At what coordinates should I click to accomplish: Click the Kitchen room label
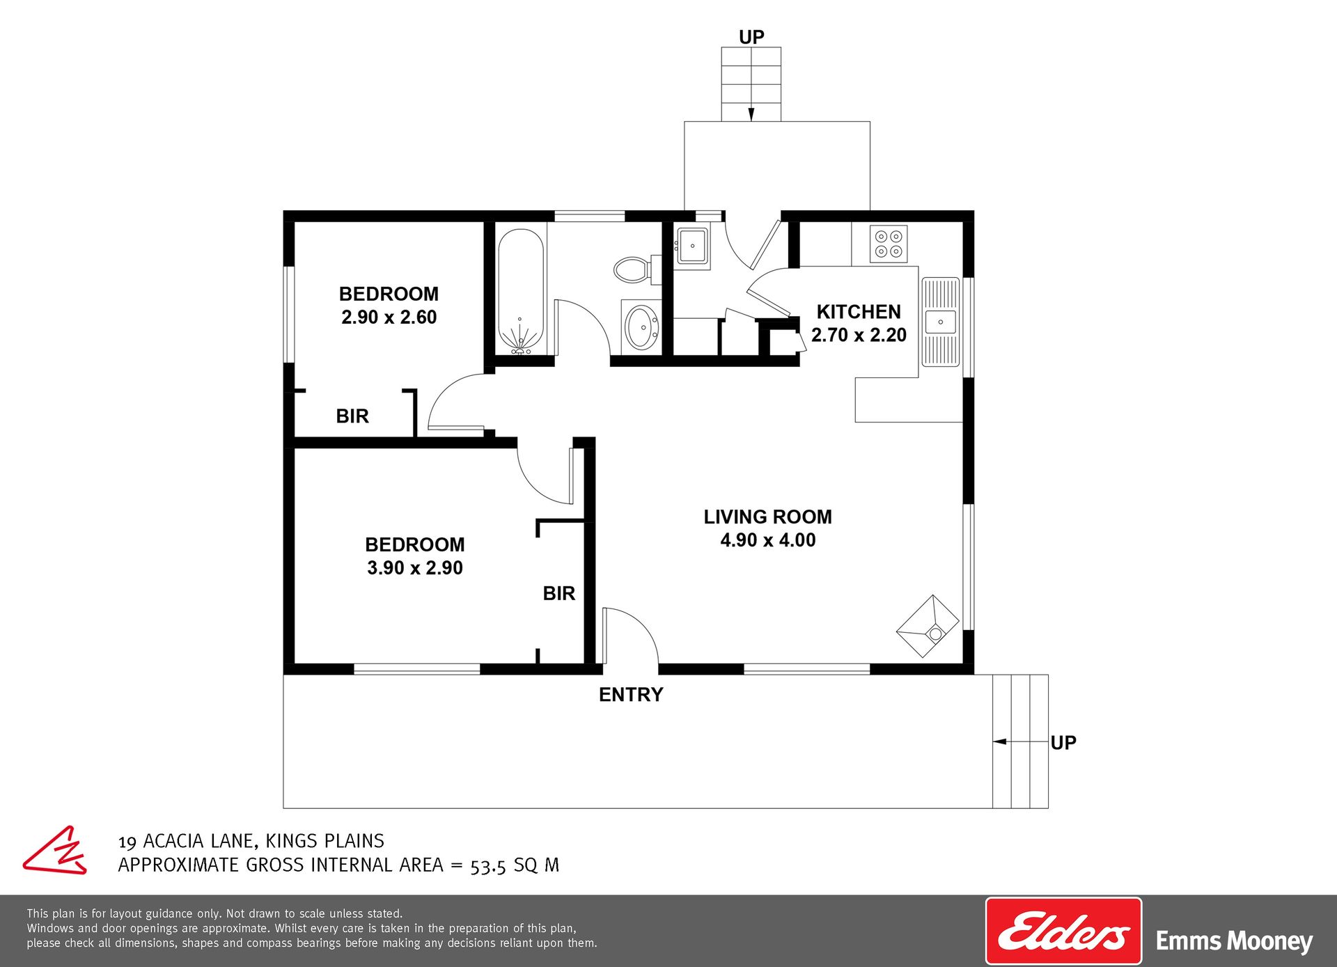pyautogui.click(x=859, y=311)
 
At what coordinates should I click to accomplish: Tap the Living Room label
pyautogui.click(x=767, y=517)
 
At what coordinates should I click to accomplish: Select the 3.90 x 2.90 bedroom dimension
pyautogui.click(x=415, y=567)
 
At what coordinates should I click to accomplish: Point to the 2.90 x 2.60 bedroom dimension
pyautogui.click(x=389, y=317)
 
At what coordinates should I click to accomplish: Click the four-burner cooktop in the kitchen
pyautogui.click(x=889, y=244)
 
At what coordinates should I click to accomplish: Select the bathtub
pyautogui.click(x=521, y=291)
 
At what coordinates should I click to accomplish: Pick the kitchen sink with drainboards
pyautogui.click(x=940, y=322)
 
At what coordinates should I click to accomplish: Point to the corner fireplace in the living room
pyautogui.click(x=928, y=626)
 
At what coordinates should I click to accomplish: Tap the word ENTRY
pyautogui.click(x=631, y=694)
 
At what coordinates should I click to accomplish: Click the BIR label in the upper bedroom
pyautogui.click(x=352, y=416)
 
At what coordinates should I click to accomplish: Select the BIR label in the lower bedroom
pyautogui.click(x=559, y=593)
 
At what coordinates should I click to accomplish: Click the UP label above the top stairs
pyautogui.click(x=751, y=37)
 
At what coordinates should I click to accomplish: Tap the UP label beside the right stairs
pyautogui.click(x=1063, y=743)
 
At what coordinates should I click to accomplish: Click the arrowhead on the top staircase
pyautogui.click(x=751, y=114)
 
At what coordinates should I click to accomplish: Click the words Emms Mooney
pyautogui.click(x=1234, y=941)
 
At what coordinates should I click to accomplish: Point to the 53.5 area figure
pyautogui.click(x=488, y=866)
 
